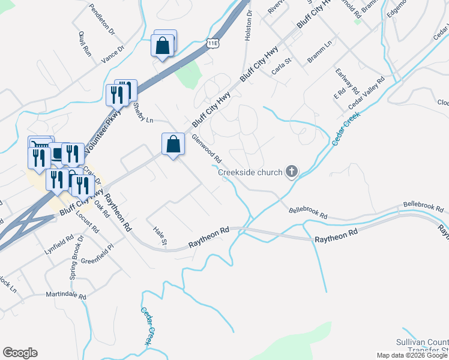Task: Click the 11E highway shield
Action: [213, 43]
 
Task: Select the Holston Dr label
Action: [248, 27]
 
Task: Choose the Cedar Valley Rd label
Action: [366, 94]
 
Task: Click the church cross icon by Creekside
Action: [291, 172]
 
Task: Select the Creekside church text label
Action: [250, 173]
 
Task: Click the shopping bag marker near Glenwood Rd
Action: [173, 144]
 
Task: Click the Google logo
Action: [20, 353]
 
